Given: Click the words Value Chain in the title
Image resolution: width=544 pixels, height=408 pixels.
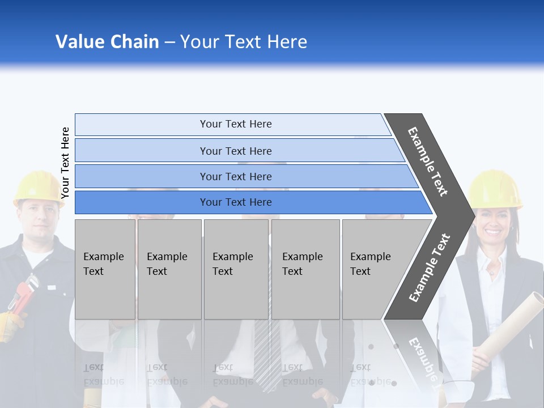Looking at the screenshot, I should [107, 42].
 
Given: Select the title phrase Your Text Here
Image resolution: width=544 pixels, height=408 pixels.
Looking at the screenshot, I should [244, 42].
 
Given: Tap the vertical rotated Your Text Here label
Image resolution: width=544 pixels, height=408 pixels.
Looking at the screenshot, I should [65, 163].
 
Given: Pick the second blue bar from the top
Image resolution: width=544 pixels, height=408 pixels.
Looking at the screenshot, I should [235, 151].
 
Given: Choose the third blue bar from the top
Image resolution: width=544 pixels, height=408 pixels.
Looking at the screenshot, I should [235, 176].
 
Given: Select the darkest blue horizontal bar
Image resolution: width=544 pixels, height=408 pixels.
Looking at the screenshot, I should [235, 202].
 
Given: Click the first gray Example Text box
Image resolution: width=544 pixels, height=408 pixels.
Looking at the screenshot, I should [105, 269].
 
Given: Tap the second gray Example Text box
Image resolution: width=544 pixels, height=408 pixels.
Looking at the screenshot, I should [169, 269].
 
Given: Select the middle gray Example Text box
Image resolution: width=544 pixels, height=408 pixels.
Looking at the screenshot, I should [236, 269].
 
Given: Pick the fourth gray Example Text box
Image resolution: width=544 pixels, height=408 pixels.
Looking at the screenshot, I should [305, 269].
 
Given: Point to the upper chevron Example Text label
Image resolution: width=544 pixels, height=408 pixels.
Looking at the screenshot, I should [428, 161].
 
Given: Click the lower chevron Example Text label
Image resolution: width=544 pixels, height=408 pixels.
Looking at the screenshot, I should [429, 267].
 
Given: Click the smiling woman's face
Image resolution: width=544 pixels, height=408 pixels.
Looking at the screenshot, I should [492, 223].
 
